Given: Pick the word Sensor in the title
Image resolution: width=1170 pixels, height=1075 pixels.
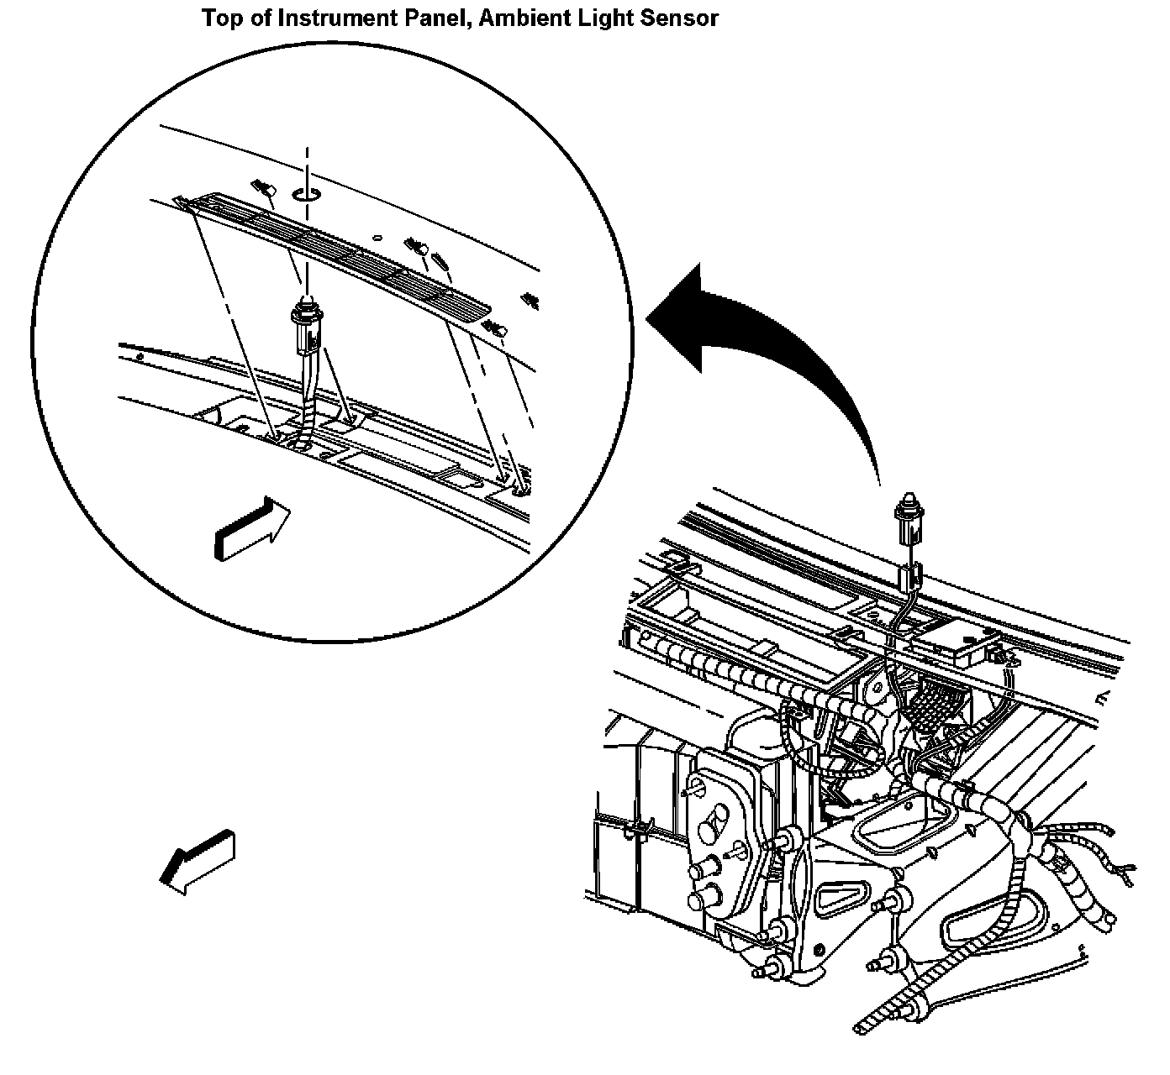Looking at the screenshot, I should click(x=677, y=18).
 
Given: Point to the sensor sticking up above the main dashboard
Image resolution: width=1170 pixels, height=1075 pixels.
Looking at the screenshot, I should click(x=909, y=517).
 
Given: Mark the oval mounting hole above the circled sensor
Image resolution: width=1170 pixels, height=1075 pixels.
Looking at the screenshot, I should click(x=306, y=195).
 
